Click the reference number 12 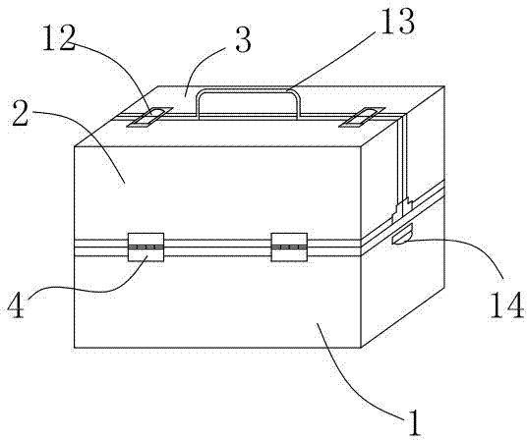click(59, 38)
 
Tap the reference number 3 click(243, 40)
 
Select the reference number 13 click(397, 22)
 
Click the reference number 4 click(16, 305)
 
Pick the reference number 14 click(506, 304)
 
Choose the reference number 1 click(415, 423)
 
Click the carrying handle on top click(248, 90)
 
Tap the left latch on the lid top click(149, 117)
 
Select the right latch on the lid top click(361, 117)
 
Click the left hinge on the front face click(146, 247)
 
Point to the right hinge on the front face click(289, 247)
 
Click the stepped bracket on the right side click(403, 209)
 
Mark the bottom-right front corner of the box click(361, 348)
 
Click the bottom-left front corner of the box click(75, 348)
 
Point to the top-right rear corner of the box click(444, 86)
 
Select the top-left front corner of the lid click(75, 146)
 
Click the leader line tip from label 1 click(318, 323)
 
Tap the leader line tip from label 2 click(125, 183)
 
